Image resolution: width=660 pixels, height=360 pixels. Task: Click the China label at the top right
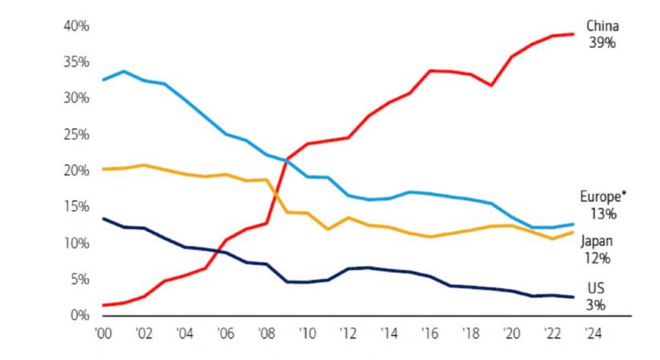click(x=602, y=26)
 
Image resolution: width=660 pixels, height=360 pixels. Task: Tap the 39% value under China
click(x=602, y=42)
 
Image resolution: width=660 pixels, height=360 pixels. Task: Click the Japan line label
click(x=596, y=242)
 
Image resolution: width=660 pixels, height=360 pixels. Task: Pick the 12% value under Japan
click(x=598, y=258)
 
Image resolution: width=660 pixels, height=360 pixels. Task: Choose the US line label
click(x=595, y=288)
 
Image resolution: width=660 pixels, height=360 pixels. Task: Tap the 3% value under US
click(x=595, y=305)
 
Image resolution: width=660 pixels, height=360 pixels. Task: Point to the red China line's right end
click(x=574, y=34)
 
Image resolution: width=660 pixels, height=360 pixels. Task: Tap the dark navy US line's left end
click(x=103, y=218)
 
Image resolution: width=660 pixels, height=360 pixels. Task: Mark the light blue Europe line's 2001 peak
click(x=123, y=71)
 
